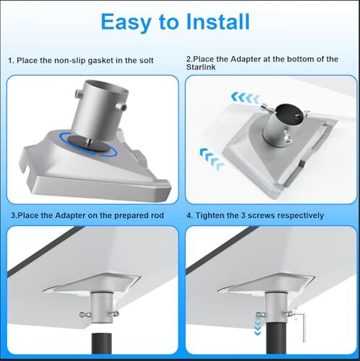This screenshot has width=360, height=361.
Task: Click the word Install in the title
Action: [218, 22]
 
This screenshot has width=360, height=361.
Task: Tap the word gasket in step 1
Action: [100, 61]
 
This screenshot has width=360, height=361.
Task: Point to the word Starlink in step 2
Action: [201, 67]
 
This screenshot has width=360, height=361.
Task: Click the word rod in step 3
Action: [158, 215]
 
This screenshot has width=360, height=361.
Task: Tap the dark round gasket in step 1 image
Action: [89, 144]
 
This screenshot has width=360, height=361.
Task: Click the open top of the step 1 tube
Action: [106, 88]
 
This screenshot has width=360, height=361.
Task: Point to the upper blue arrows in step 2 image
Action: [245, 98]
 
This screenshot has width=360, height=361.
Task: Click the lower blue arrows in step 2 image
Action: [211, 159]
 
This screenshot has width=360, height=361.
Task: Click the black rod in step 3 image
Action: [102, 344]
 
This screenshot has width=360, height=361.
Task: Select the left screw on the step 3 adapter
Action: [85, 314]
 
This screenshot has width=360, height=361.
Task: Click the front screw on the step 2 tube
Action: [287, 138]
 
